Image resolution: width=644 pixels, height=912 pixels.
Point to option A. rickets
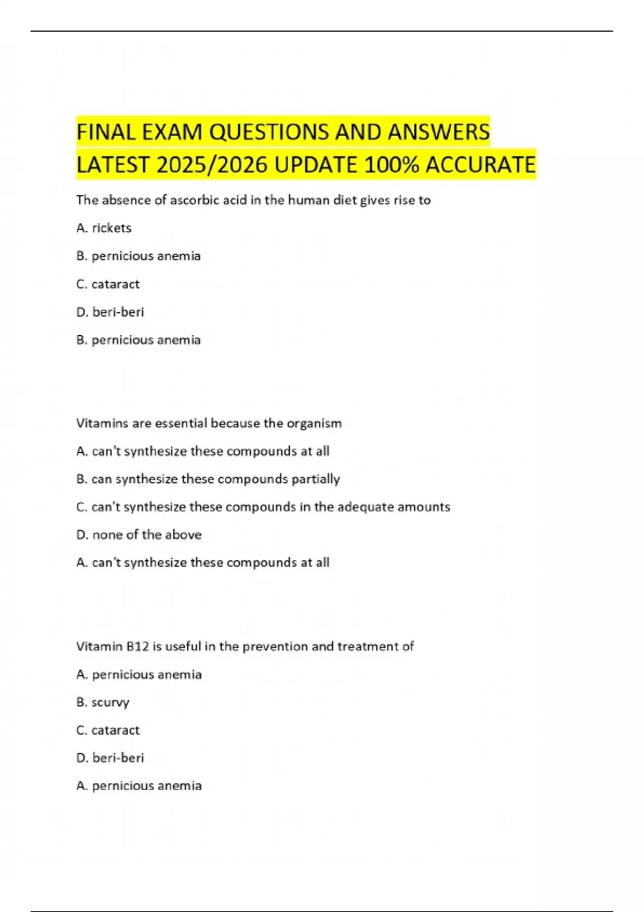pyautogui.click(x=104, y=228)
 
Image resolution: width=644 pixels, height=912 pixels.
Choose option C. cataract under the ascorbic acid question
pyautogui.click(x=108, y=284)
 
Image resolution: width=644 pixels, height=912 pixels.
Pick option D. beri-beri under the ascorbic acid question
pyautogui.click(x=111, y=312)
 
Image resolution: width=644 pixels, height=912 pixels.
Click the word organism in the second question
pyautogui.click(x=314, y=423)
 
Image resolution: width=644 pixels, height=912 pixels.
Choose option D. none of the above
pyautogui.click(x=139, y=535)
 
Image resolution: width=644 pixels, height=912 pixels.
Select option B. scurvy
pyautogui.click(x=103, y=702)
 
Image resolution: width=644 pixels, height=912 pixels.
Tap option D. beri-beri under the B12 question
pyautogui.click(x=111, y=758)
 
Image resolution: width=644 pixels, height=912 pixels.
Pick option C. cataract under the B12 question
pyautogui.click(x=108, y=730)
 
